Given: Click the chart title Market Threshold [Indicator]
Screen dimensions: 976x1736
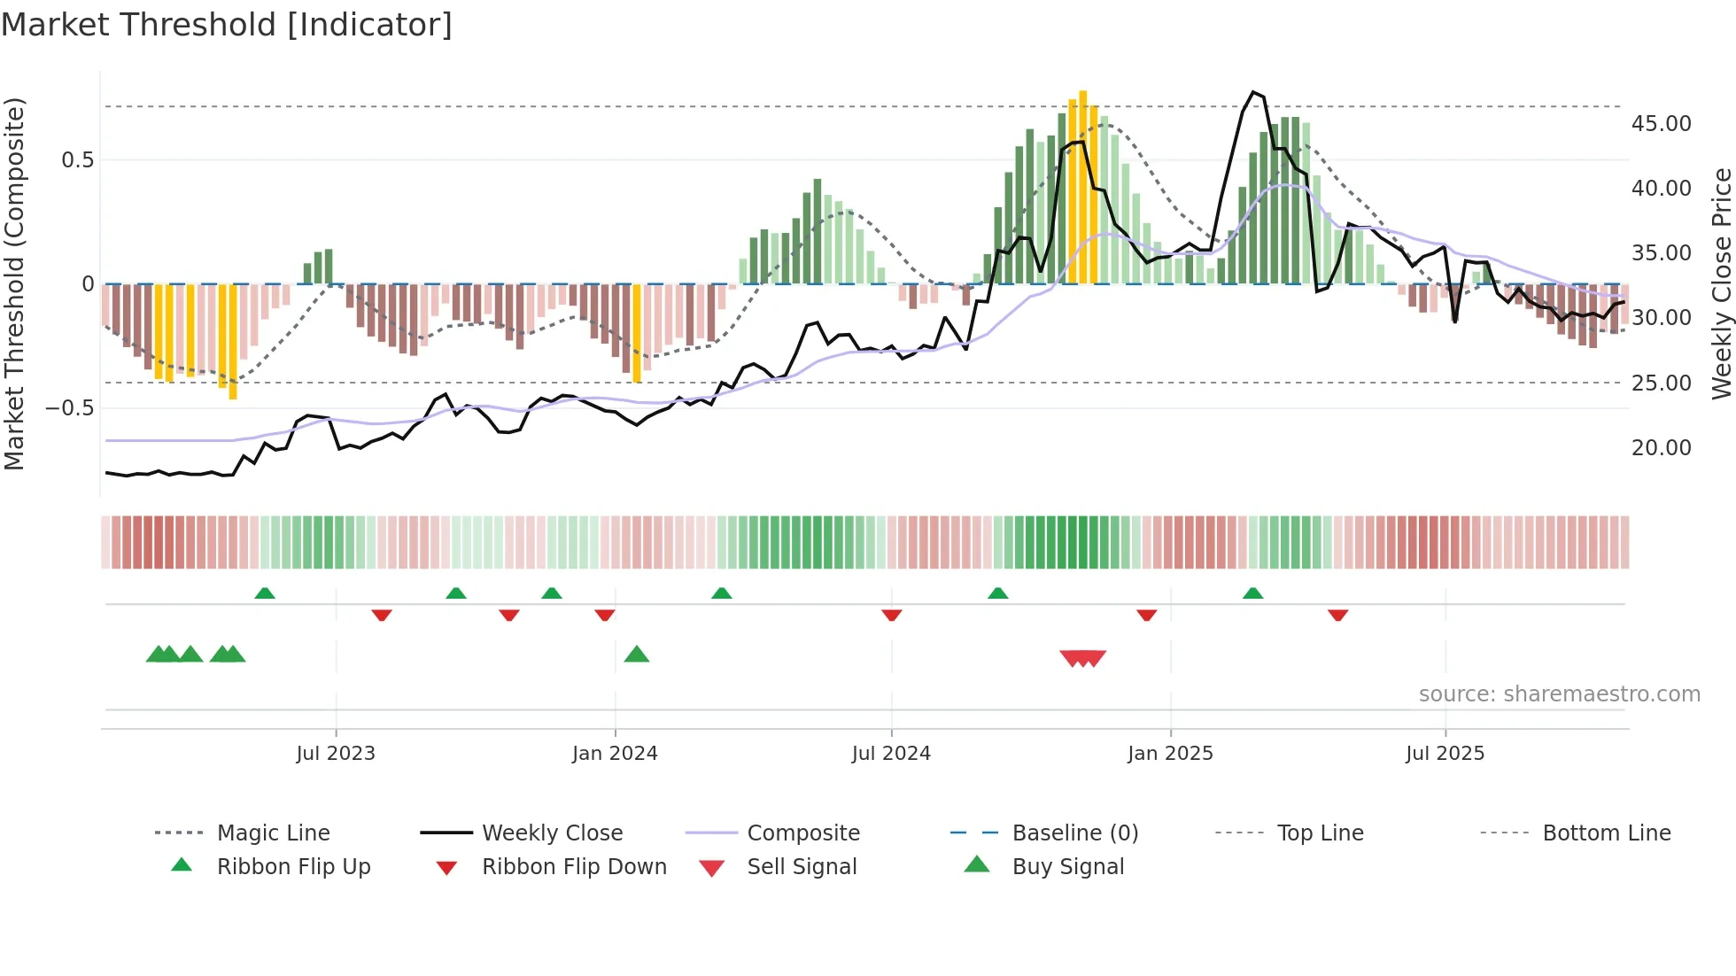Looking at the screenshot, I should (x=227, y=25).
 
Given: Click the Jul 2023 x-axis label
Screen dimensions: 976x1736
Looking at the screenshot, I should (x=336, y=754).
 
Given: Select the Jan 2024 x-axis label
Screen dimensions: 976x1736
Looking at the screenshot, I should (x=615, y=754).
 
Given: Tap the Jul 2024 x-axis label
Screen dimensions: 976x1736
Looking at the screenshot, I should (x=891, y=754).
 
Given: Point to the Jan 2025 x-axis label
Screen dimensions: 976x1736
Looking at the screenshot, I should (x=1170, y=754).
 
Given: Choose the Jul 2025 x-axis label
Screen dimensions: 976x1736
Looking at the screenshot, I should (x=1445, y=754).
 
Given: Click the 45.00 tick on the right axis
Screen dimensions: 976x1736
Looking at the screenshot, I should (x=1661, y=124).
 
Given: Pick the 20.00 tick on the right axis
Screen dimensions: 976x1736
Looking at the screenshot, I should (x=1661, y=448).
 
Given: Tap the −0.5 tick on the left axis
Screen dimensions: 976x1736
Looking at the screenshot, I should (x=70, y=408).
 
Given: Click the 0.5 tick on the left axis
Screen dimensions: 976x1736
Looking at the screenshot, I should (x=77, y=160).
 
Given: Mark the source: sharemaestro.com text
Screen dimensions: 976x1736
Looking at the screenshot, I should (x=1559, y=694).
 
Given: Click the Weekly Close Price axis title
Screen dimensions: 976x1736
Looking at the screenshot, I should (x=1721, y=283).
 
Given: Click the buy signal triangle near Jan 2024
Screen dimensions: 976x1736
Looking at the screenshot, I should (x=637, y=655).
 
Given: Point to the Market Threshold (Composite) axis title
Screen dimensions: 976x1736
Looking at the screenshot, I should (x=14, y=283).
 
